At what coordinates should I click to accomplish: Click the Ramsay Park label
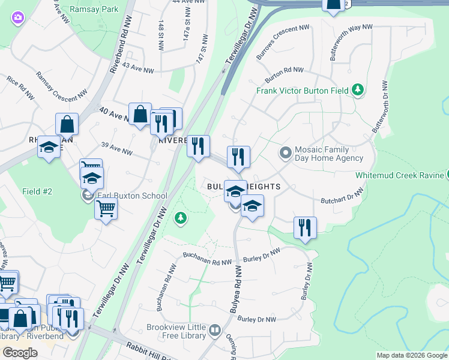coord(94,9)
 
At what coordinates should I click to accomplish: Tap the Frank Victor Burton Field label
coord(303,91)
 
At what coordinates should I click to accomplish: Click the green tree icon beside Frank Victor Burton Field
coord(358,90)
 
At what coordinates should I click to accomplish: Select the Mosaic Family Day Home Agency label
coord(329,154)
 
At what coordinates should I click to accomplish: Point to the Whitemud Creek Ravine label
coord(400,175)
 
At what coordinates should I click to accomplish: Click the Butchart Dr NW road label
coord(342,197)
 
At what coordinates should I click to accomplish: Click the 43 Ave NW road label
coord(137,71)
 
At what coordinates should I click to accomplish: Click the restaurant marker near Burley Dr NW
coord(305,229)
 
